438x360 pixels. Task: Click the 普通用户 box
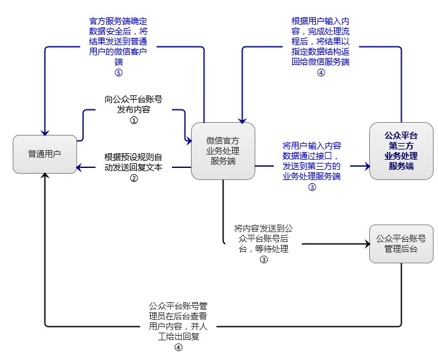(x=45, y=154)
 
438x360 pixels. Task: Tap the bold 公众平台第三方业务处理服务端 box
(x=401, y=151)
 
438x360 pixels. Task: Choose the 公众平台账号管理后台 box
(x=401, y=243)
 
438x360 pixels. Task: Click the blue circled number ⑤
(x=118, y=73)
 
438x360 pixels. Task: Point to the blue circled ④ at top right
(x=321, y=73)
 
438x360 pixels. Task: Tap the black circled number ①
(x=134, y=119)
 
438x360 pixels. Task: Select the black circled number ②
(x=134, y=178)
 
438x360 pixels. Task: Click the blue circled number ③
(x=312, y=187)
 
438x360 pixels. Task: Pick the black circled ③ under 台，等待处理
(x=264, y=260)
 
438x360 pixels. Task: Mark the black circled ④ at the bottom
(x=178, y=347)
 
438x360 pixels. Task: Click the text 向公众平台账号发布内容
(x=134, y=104)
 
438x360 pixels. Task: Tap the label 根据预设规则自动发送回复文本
(x=134, y=163)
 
